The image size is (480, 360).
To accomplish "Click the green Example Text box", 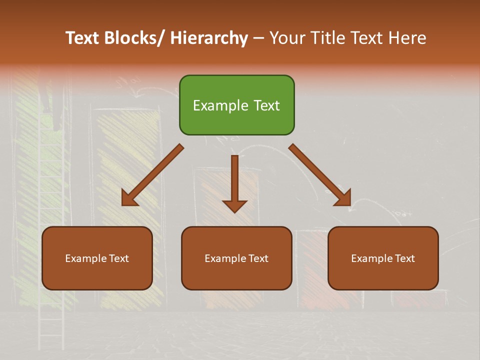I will [x=236, y=105].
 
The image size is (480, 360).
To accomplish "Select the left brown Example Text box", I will [x=97, y=258].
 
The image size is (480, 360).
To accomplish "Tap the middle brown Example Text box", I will [x=236, y=258].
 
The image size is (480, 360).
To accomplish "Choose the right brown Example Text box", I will [x=383, y=258].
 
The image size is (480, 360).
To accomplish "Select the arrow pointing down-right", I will [x=320, y=175].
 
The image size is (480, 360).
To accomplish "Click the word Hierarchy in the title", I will [x=208, y=38].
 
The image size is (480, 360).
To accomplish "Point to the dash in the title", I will [x=258, y=39].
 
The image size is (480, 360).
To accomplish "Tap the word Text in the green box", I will [x=265, y=105].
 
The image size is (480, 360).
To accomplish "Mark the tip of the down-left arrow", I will [x=123, y=204].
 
